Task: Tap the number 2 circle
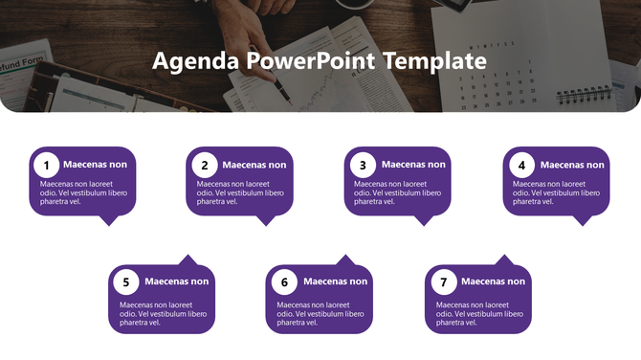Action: pyautogui.click(x=204, y=165)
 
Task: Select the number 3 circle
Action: pyautogui.click(x=362, y=165)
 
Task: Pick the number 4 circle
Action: pyautogui.click(x=520, y=165)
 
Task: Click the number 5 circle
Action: pyautogui.click(x=125, y=282)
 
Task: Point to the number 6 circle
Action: pyautogui.click(x=284, y=282)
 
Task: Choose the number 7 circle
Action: pyautogui.click(x=442, y=282)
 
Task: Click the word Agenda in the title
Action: pyautogui.click(x=195, y=62)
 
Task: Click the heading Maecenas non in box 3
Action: pyautogui.click(x=413, y=165)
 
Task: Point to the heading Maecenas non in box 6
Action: pyautogui.click(x=336, y=281)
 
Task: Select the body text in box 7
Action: pyautogui.click(x=479, y=313)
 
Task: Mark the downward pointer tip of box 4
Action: pyautogui.click(x=583, y=224)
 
